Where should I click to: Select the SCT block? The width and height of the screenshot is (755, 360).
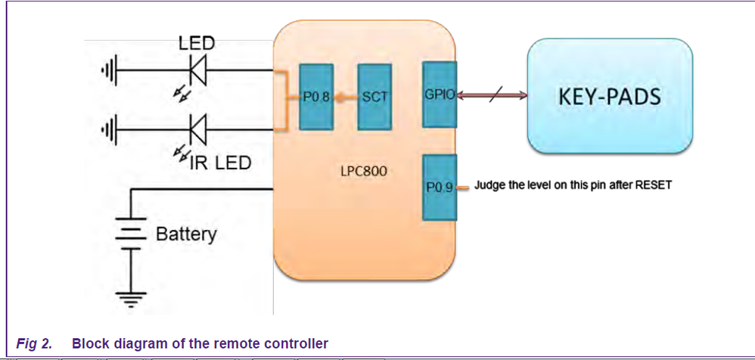(x=374, y=96)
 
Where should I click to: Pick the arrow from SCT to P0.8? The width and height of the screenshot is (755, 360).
(x=346, y=97)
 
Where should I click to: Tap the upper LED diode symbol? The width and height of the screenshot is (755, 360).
(x=198, y=72)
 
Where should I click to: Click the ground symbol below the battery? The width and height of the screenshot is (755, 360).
(x=130, y=300)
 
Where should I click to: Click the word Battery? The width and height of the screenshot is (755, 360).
(x=185, y=234)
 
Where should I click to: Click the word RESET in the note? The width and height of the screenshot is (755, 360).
(x=651, y=185)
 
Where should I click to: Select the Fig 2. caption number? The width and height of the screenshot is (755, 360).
(x=34, y=343)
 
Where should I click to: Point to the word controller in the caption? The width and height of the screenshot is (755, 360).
(x=297, y=343)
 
